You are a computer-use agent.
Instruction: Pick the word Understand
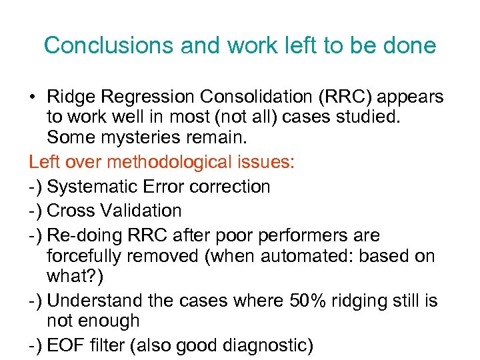99,301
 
